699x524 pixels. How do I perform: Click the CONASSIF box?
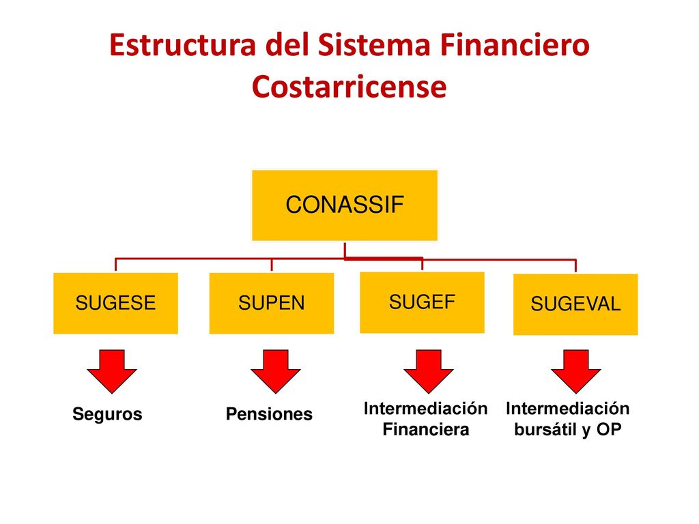pyautogui.click(x=345, y=205)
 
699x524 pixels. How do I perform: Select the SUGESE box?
pyautogui.click(x=115, y=303)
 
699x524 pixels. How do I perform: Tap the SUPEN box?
pyautogui.click(x=272, y=303)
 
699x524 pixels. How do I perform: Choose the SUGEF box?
pyautogui.click(x=422, y=302)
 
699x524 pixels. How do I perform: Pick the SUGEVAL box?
pyautogui.click(x=575, y=304)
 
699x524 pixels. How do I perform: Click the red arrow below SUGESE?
pyautogui.click(x=112, y=370)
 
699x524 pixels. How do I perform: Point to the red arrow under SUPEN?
pyautogui.click(x=276, y=370)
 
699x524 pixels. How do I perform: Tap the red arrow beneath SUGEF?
pyautogui.click(x=429, y=370)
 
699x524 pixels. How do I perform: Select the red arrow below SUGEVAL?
pyautogui.click(x=576, y=370)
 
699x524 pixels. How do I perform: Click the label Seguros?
pyautogui.click(x=107, y=414)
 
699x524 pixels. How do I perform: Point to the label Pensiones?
pyautogui.click(x=269, y=414)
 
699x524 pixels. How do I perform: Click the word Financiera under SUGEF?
pyautogui.click(x=426, y=430)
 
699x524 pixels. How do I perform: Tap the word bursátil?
pyautogui.click(x=546, y=430)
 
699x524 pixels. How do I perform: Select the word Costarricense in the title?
pyautogui.click(x=349, y=87)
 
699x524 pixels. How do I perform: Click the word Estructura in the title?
pyautogui.click(x=183, y=45)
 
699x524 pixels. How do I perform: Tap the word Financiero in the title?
pyautogui.click(x=515, y=45)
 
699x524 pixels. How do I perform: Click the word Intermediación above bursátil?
pyautogui.click(x=567, y=409)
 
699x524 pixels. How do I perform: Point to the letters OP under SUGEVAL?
pyautogui.click(x=609, y=430)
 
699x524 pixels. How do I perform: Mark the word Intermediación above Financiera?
pyautogui.click(x=426, y=409)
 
